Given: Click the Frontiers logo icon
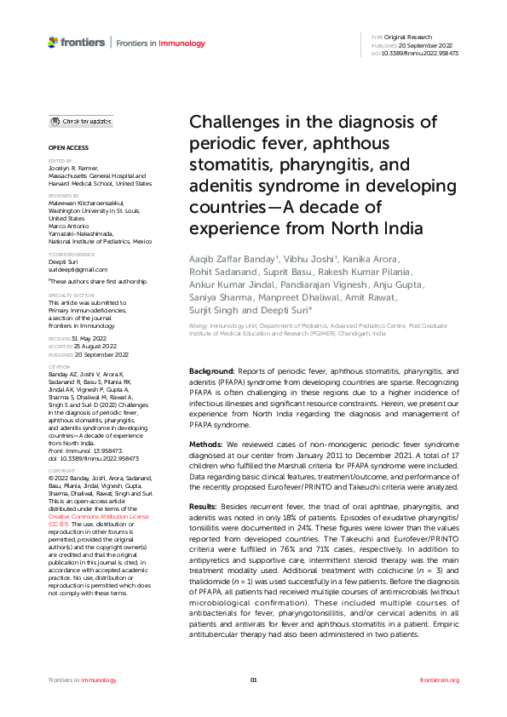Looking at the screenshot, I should coord(53,42).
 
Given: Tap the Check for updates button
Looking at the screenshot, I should coord(81,122).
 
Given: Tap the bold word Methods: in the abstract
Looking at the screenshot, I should coord(205,445).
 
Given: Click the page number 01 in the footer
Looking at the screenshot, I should coord(253,680).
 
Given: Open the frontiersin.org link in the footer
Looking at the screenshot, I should coord(440,680).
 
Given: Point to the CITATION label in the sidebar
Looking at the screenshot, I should coord(60,368).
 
